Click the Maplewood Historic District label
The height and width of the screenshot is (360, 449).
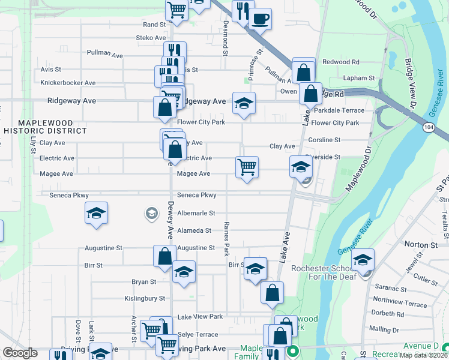[44, 126]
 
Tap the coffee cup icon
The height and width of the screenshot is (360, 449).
[261, 19]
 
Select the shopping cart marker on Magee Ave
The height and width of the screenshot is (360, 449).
[247, 167]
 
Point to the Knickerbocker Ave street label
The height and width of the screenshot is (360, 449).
[68, 83]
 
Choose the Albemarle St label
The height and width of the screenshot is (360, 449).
[196, 213]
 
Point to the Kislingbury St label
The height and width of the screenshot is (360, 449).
[145, 298]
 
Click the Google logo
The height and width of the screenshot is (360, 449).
[20, 353]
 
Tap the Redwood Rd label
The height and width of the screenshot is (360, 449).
[340, 62]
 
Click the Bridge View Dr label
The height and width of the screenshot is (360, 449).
[411, 83]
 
